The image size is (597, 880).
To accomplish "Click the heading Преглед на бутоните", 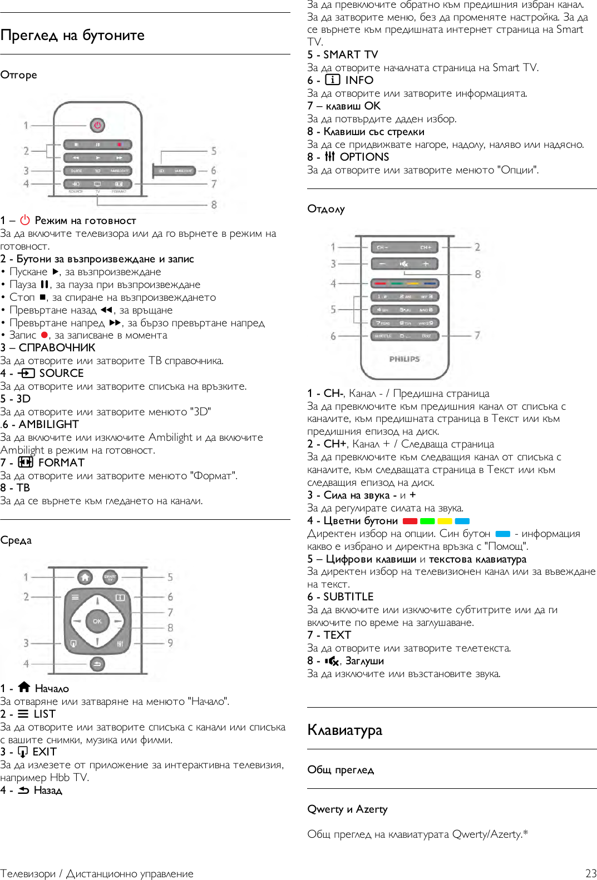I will click(x=72, y=36).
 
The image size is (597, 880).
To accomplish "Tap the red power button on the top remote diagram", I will click(x=97, y=125).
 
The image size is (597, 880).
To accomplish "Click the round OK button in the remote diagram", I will click(x=97, y=621).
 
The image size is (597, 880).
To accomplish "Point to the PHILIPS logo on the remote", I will click(x=404, y=359).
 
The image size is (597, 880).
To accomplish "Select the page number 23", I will click(x=590, y=873).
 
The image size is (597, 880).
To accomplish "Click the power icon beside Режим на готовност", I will click(x=25, y=220).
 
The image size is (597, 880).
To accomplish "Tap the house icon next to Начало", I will click(x=24, y=687).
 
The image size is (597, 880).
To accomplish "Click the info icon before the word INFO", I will click(x=332, y=79).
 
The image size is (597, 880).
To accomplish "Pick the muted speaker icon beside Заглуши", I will click(x=332, y=661).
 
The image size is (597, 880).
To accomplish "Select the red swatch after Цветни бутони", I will click(x=410, y=521).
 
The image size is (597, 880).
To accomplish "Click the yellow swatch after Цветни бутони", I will click(x=445, y=521).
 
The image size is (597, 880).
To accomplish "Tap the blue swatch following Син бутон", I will click(x=502, y=534).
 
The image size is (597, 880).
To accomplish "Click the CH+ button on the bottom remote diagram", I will click(x=426, y=247).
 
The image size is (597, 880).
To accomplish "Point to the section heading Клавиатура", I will click(x=344, y=730).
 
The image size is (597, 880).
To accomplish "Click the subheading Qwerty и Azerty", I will click(x=347, y=809).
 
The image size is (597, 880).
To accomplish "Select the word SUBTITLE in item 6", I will click(x=348, y=596).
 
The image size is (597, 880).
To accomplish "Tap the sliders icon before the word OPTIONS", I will click(x=330, y=156).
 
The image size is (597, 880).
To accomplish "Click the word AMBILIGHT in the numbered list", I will click(x=49, y=424).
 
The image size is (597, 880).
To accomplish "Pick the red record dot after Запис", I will click(x=45, y=335).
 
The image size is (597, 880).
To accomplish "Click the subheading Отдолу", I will click(x=326, y=209).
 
